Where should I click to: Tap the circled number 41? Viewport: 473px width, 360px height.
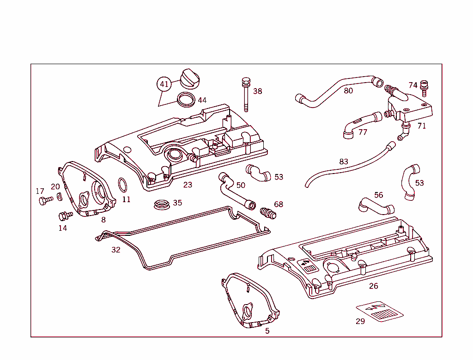(x=164, y=84)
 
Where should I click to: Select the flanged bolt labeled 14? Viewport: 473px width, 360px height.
(x=65, y=215)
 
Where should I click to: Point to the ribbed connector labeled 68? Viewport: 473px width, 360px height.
(x=268, y=213)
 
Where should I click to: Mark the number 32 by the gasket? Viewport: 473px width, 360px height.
(x=115, y=250)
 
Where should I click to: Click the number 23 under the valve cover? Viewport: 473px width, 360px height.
(x=188, y=185)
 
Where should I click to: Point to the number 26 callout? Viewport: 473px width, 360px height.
(x=373, y=286)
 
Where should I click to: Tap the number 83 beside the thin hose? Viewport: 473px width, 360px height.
(x=343, y=162)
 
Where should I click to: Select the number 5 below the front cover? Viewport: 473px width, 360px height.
(x=267, y=331)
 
